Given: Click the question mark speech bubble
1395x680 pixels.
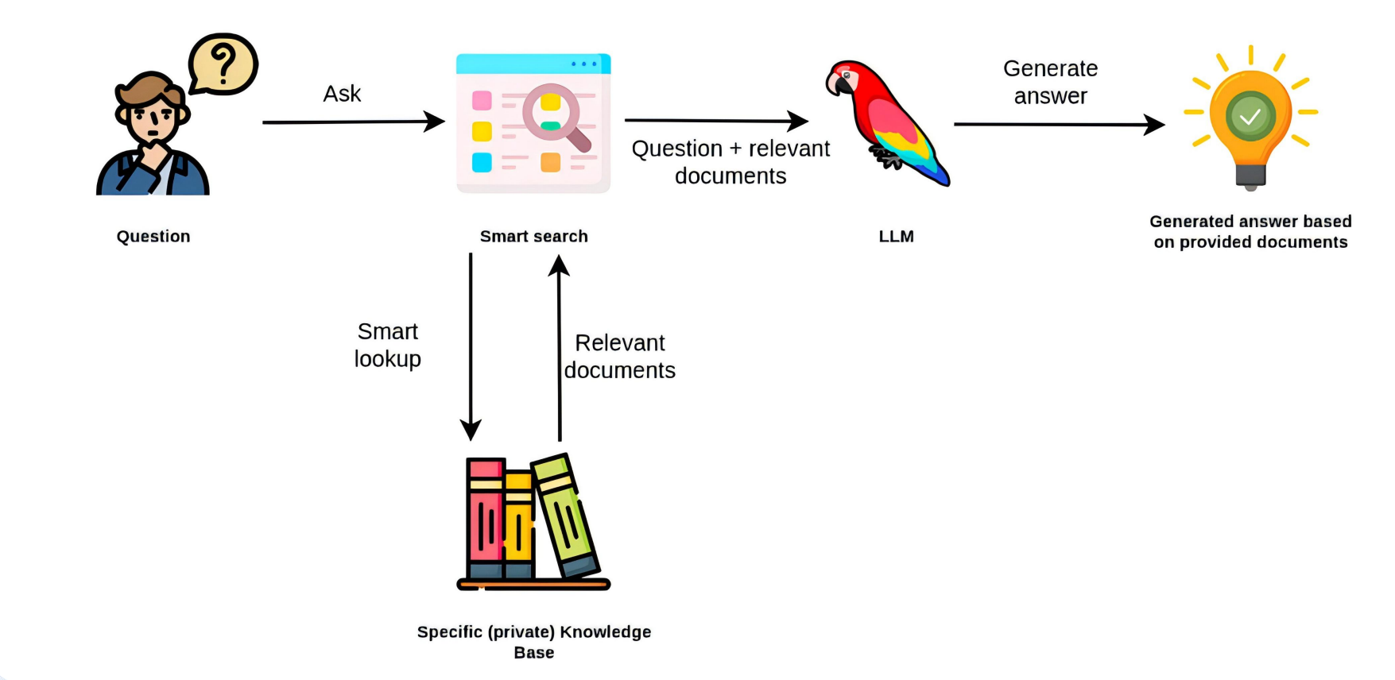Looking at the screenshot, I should pyautogui.click(x=223, y=64).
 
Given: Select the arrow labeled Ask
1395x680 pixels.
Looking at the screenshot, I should pyautogui.click(x=353, y=122).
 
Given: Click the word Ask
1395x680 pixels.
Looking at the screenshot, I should pyautogui.click(x=342, y=94).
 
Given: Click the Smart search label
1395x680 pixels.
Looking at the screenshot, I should pyautogui.click(x=533, y=236).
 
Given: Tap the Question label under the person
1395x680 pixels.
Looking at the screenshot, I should pyautogui.click(x=153, y=236).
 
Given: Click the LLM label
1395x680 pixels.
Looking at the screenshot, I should pyautogui.click(x=896, y=236).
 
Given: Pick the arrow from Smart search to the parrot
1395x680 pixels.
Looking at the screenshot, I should pyautogui.click(x=715, y=121).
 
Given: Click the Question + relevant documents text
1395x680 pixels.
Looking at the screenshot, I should pyautogui.click(x=730, y=162).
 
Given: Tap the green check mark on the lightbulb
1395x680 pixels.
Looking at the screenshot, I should pyautogui.click(x=1250, y=117).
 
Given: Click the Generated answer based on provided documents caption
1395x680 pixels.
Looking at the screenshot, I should pyautogui.click(x=1250, y=231).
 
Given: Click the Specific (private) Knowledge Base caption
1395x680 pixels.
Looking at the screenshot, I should pyautogui.click(x=534, y=642).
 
